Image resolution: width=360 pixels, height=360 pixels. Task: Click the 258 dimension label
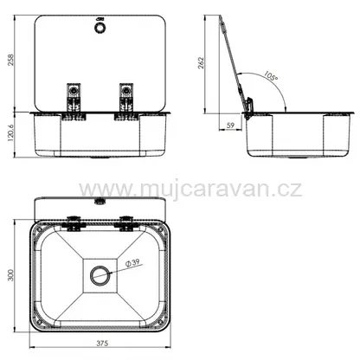tap(10, 60)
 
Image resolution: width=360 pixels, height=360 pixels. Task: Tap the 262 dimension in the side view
tap(201, 63)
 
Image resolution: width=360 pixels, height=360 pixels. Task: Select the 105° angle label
tap(271, 75)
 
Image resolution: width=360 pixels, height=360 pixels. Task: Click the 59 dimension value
tap(230, 125)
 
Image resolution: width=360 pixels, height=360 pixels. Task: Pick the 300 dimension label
tap(10, 275)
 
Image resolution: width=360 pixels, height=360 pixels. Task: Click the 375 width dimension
tap(102, 344)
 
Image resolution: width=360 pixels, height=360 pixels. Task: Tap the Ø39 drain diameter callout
tap(132, 262)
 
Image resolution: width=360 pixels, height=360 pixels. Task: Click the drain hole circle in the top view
tap(100, 275)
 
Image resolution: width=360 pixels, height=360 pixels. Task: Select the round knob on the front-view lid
tap(100, 28)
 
